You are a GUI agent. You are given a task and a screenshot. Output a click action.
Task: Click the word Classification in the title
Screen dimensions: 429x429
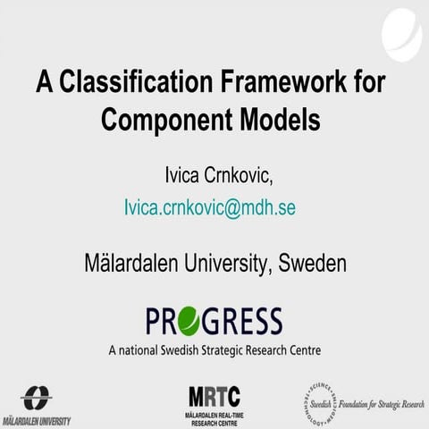tap(139, 84)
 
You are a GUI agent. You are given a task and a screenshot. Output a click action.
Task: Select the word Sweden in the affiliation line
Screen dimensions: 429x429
tap(312, 264)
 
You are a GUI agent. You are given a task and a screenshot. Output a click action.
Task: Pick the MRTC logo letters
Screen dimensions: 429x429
tap(214, 395)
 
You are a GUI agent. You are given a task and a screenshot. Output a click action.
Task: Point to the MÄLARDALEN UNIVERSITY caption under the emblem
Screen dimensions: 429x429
tap(37, 420)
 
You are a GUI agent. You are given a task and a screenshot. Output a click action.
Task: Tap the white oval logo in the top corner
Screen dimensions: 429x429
tap(401, 30)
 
